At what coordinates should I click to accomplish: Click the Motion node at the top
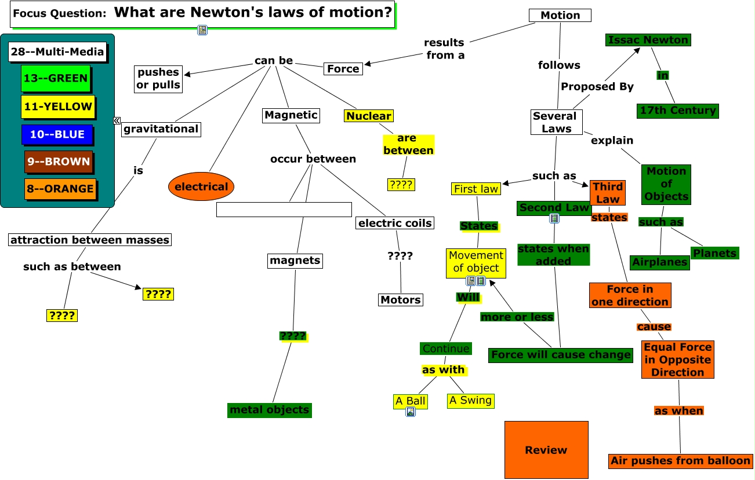point(560,16)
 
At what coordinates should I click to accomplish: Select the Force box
point(343,69)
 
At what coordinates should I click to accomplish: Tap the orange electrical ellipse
point(201,186)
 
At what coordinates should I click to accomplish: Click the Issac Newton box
point(648,40)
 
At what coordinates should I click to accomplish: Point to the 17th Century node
point(678,111)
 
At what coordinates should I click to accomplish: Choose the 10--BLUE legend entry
point(57,135)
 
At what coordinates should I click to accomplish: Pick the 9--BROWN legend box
point(59,162)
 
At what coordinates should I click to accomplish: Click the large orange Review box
point(546,450)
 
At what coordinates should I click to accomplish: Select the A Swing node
point(470,401)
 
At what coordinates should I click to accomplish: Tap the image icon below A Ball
point(411,412)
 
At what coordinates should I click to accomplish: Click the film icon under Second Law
point(554,219)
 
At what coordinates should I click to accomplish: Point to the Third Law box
point(608,193)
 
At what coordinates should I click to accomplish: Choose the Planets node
point(714,253)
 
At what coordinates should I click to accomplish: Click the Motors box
point(401,300)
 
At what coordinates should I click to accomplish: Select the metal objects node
point(270,411)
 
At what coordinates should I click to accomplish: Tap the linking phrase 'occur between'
point(313,159)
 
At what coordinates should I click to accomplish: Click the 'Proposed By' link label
point(597,87)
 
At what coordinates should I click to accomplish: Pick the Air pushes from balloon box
point(681,461)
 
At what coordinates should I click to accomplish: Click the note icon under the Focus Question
point(202,30)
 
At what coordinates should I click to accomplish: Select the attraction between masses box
point(90,240)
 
